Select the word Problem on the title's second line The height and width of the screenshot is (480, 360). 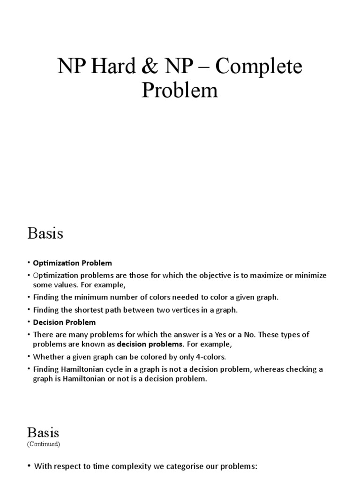[180, 90]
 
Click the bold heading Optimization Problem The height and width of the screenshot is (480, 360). [73, 263]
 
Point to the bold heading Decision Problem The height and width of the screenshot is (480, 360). [64, 322]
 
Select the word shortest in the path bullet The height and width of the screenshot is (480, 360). [94, 309]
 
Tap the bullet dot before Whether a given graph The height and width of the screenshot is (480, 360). [29, 357]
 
